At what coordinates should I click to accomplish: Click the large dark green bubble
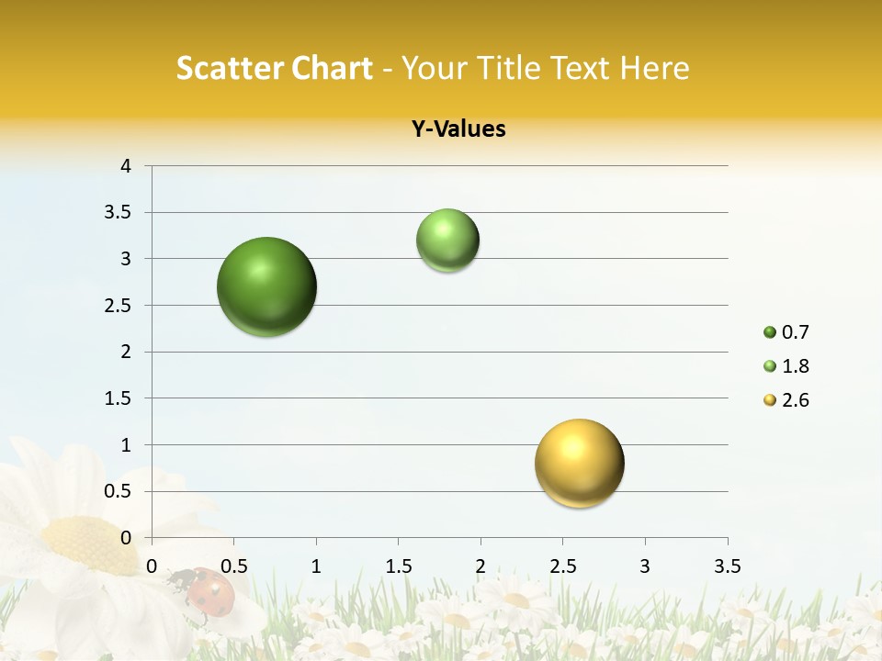pos(267,286)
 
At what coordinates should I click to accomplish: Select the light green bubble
pos(447,241)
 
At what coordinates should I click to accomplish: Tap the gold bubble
pos(580,464)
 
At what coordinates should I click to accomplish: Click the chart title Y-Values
pos(458,129)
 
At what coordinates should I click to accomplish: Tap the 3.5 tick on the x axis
pos(727,566)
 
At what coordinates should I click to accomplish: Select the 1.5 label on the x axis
pos(398,566)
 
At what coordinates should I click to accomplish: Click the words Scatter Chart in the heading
pos(275,68)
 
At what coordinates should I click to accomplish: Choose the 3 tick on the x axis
pos(645,566)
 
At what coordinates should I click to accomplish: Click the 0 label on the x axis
pos(152,566)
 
